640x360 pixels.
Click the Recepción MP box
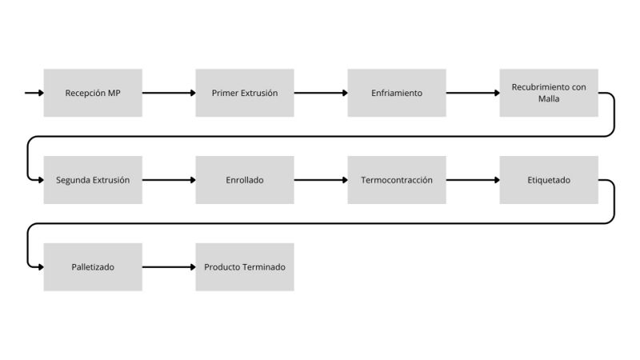(x=93, y=93)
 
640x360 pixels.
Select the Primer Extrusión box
(x=245, y=93)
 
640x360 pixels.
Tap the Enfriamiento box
(x=397, y=93)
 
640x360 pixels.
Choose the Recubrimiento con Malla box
(x=549, y=93)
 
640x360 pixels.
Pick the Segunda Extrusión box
(x=93, y=180)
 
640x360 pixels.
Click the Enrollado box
(x=245, y=180)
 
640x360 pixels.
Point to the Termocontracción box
(x=397, y=180)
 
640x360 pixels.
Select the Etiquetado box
(x=549, y=180)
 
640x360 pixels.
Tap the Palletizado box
(x=93, y=267)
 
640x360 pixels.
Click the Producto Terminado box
(x=245, y=267)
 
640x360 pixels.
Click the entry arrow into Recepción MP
(x=34, y=93)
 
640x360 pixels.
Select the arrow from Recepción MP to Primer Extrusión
(x=169, y=93)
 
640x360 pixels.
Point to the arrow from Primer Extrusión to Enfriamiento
(x=321, y=93)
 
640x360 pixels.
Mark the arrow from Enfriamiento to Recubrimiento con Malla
(x=473, y=93)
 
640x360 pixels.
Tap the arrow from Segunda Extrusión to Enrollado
(x=169, y=180)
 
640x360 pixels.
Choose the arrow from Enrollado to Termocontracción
(x=321, y=180)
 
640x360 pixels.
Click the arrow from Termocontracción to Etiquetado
(x=473, y=180)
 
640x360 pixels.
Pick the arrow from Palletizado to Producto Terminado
(x=169, y=267)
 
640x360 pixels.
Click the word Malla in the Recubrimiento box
(x=549, y=98)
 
